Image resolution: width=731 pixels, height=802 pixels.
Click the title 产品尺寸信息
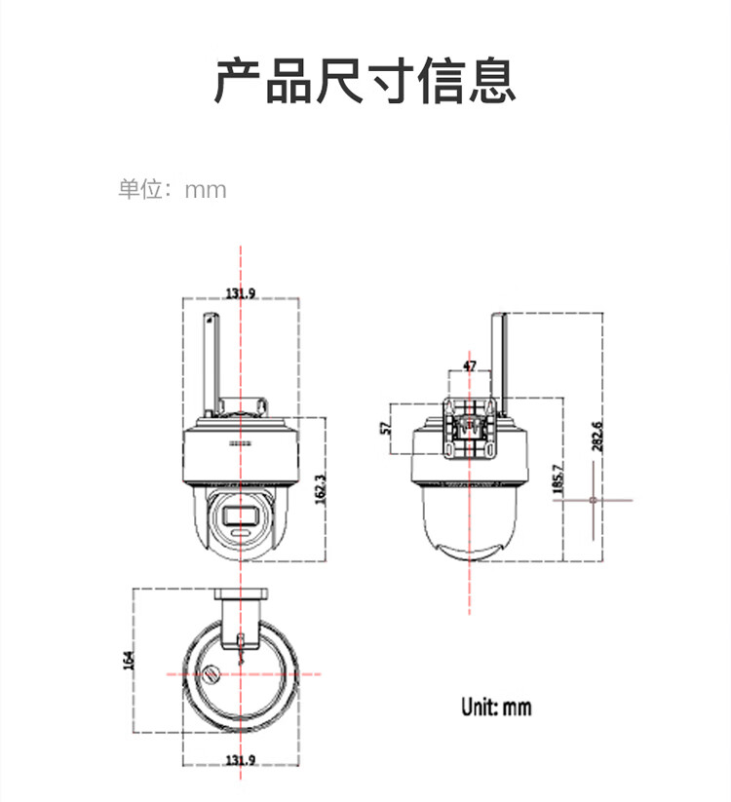point(365,81)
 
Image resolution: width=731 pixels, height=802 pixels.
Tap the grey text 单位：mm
point(173,189)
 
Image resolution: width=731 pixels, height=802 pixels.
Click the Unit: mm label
point(496,707)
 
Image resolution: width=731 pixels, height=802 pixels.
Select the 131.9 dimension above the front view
point(241,293)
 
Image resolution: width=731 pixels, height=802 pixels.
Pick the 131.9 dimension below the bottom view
point(241,760)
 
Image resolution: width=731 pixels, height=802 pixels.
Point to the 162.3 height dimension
point(320,488)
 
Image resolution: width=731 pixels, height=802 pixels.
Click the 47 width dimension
point(470,366)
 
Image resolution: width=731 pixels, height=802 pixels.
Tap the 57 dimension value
point(386,428)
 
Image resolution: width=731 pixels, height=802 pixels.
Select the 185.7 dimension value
point(558,480)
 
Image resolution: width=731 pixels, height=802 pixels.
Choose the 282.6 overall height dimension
point(596,436)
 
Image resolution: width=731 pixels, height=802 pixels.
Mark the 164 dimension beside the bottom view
point(127,660)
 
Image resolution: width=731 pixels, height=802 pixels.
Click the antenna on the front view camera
point(210,361)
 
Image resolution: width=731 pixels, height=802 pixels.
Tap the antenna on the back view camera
point(499,351)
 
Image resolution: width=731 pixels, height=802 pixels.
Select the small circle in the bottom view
point(212,672)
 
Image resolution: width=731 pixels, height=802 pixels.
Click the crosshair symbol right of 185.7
point(593,500)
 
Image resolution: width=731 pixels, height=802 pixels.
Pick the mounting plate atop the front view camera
point(243,403)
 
